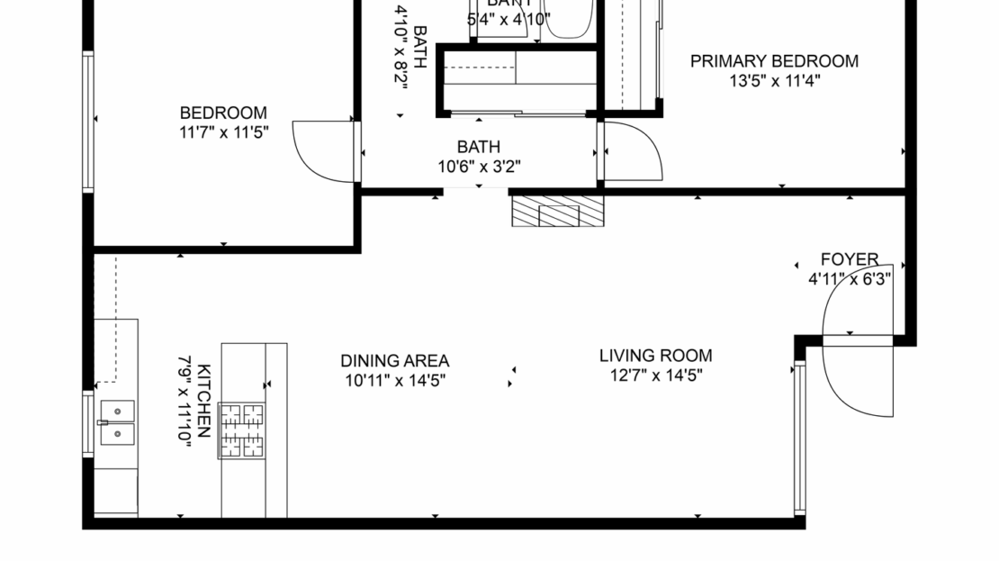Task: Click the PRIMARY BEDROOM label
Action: pos(774,61)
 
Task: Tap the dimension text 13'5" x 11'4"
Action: pos(774,80)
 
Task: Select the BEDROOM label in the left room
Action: pos(223,113)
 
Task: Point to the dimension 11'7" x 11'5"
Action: pos(223,131)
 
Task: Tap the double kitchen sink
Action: pos(116,423)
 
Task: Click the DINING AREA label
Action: pos(394,361)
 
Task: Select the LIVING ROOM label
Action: pos(655,356)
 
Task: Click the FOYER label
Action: pos(849,260)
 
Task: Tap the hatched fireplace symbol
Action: pos(558,213)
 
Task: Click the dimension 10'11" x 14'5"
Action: pos(394,380)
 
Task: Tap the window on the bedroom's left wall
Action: pos(88,122)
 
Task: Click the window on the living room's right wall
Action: pos(798,438)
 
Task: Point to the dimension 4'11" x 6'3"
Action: pos(849,279)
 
